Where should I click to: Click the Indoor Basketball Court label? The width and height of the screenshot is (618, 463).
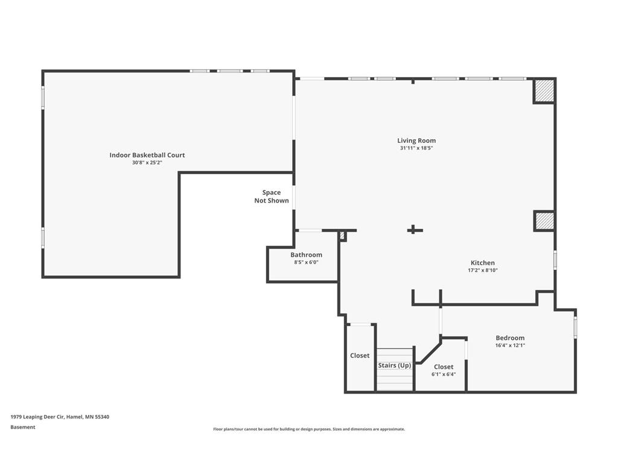click(x=147, y=155)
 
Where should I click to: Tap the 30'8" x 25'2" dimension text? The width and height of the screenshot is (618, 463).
click(x=147, y=163)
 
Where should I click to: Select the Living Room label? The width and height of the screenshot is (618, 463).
click(x=416, y=140)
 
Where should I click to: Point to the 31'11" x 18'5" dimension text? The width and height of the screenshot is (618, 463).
click(x=416, y=148)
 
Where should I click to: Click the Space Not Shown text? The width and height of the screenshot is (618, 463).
click(x=272, y=197)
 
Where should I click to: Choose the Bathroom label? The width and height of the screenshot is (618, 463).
click(x=306, y=255)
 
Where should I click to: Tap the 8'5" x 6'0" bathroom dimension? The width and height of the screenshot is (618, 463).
click(x=306, y=262)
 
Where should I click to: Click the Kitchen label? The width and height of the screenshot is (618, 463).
click(x=482, y=263)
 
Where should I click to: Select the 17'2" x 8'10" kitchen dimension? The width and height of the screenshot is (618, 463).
click(x=482, y=271)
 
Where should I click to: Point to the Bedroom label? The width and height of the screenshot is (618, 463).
click(x=510, y=338)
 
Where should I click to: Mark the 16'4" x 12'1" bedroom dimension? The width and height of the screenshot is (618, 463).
click(x=510, y=345)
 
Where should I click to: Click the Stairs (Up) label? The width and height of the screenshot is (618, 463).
click(x=395, y=365)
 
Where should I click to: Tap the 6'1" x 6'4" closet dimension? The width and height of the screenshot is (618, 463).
click(x=444, y=374)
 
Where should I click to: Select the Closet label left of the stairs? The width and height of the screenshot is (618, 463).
click(x=360, y=356)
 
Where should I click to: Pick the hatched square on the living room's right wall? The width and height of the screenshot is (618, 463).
click(x=544, y=221)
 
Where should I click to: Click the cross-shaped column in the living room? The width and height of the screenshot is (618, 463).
click(x=414, y=230)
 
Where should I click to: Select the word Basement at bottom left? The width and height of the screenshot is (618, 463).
click(x=23, y=427)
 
